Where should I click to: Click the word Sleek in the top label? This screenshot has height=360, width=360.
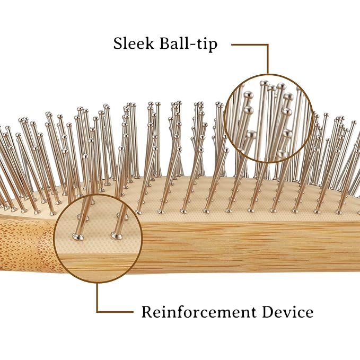(134, 43)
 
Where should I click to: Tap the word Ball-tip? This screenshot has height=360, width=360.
(189, 44)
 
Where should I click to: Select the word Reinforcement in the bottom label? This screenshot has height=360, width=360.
(199, 312)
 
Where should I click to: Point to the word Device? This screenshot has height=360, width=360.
(288, 312)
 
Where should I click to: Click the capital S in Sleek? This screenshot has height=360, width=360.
(118, 43)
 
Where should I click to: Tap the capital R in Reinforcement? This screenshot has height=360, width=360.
(147, 312)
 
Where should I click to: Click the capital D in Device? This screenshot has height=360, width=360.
(268, 312)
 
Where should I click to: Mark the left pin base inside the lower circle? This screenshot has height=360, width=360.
(78, 236)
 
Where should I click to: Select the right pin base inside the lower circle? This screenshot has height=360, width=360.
(117, 235)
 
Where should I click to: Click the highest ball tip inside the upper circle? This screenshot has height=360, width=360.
(264, 83)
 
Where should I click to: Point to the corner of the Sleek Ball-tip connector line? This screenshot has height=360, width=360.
(268, 45)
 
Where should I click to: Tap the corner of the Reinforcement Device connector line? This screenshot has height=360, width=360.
(98, 312)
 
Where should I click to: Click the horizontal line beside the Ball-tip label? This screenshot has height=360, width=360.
(250, 45)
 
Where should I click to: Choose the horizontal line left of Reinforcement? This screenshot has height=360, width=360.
(115, 312)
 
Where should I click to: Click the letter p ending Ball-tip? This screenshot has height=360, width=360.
(213, 46)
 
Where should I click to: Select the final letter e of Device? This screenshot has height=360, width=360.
(309, 314)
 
